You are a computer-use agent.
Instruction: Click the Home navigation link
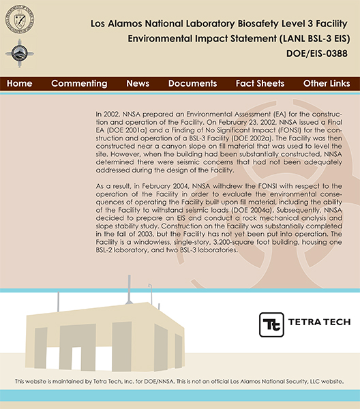click(x=20, y=83)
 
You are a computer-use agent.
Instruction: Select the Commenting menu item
click(x=79, y=83)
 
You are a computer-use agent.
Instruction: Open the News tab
click(x=138, y=83)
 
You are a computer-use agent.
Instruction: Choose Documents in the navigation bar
click(x=192, y=83)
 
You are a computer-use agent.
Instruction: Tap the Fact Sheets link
click(x=260, y=83)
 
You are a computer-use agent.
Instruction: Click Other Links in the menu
click(x=326, y=83)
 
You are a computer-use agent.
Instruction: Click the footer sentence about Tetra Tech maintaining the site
click(x=179, y=381)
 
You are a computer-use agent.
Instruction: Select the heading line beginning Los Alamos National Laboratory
click(x=224, y=24)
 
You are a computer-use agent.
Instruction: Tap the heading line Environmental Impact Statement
click(x=243, y=38)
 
